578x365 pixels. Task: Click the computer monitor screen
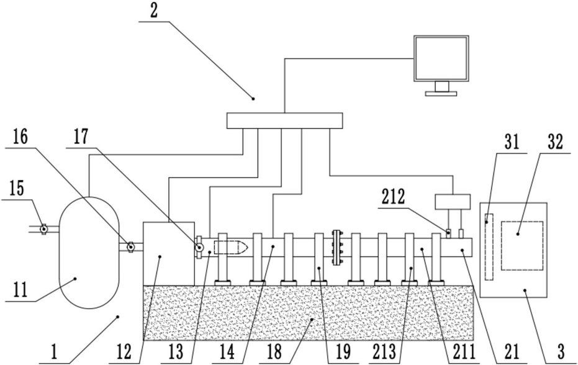click(441, 58)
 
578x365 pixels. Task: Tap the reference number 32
click(554, 143)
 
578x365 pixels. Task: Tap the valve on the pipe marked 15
click(43, 229)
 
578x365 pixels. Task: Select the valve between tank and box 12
click(130, 246)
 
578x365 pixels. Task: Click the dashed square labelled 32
click(522, 246)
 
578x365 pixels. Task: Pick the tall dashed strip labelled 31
click(489, 246)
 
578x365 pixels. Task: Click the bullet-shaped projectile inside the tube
click(230, 246)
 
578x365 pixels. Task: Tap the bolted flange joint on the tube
click(338, 246)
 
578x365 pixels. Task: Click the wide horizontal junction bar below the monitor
click(284, 120)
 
